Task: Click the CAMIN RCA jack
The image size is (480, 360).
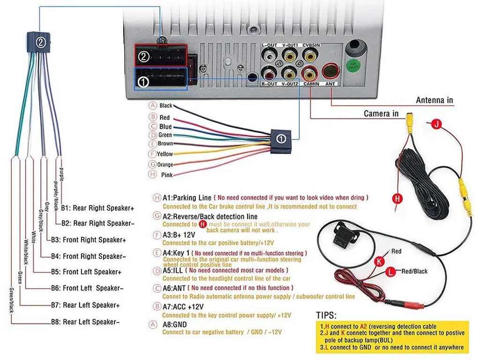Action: (x=310, y=73)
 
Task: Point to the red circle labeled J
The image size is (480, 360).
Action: (x=436, y=124)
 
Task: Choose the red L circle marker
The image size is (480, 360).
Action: (x=390, y=271)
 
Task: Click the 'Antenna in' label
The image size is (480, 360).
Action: (x=435, y=100)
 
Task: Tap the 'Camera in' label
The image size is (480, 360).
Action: (x=381, y=113)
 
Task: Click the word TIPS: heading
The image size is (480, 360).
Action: (x=326, y=315)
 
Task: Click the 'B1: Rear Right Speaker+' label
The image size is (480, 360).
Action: (x=97, y=208)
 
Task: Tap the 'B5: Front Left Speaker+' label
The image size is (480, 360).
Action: (x=86, y=272)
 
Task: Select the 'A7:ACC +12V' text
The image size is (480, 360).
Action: (x=183, y=307)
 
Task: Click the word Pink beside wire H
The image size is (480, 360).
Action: (x=166, y=175)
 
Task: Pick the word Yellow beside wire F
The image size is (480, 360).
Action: (x=165, y=154)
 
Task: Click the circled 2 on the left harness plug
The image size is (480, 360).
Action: (x=41, y=42)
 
